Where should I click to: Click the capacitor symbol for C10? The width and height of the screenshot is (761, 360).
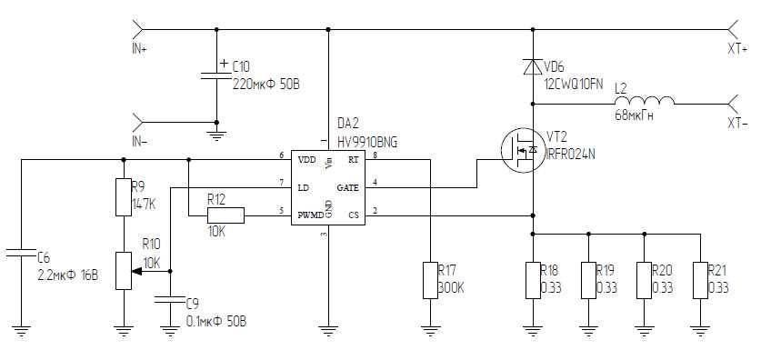[215, 75]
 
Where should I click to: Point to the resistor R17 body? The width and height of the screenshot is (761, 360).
[431, 280]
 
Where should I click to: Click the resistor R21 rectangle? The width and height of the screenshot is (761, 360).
[700, 280]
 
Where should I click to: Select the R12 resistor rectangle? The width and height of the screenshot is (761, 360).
[225, 215]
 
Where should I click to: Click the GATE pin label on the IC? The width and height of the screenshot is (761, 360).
[349, 187]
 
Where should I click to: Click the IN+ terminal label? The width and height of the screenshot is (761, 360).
[139, 48]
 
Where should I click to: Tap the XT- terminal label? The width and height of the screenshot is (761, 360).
[736, 124]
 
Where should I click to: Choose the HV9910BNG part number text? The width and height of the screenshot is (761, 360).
[366, 143]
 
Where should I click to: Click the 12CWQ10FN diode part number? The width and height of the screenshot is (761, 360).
[573, 83]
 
